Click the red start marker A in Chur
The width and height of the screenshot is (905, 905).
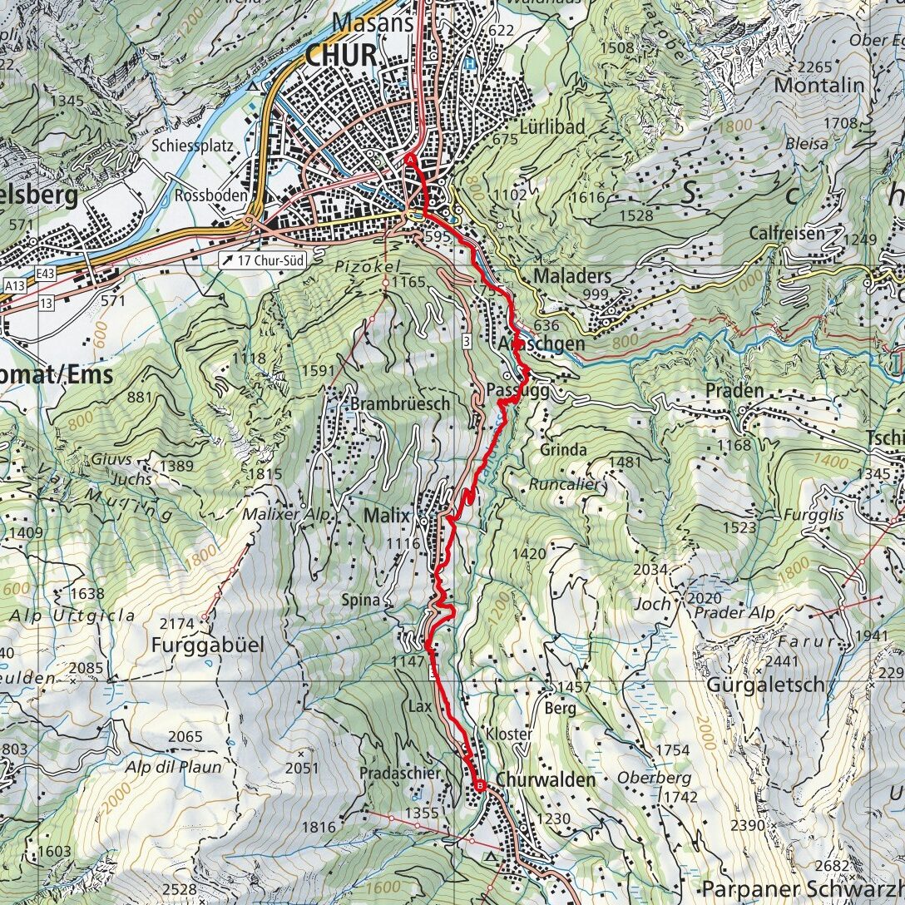410,160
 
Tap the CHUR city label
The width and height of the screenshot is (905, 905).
341,56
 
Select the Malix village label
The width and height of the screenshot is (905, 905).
387,516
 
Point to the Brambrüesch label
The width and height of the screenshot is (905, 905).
400,403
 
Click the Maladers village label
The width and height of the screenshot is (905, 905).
573,275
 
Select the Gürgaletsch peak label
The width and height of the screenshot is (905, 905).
765,685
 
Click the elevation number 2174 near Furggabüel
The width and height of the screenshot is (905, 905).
176,622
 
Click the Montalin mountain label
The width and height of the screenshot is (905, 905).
818,85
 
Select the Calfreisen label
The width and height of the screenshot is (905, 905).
786,233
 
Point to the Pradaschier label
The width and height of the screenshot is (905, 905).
400,773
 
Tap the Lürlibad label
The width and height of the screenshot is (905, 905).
552,126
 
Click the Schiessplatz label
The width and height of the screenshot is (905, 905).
190,144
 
